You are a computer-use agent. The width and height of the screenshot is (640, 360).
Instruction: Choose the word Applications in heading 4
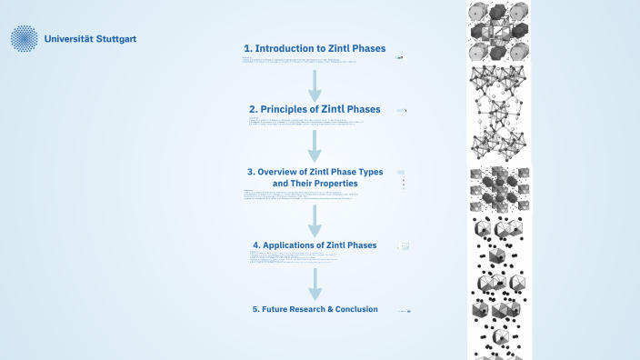tap(295, 245)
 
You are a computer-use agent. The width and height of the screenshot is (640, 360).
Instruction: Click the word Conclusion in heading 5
tap(355, 309)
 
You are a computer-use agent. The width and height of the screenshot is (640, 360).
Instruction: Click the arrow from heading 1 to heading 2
tap(315, 84)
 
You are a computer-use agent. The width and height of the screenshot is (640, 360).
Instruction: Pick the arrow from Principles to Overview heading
tap(315, 145)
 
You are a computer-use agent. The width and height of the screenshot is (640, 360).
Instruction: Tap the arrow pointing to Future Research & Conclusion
tap(315, 282)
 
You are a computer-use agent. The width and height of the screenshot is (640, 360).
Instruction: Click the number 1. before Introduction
tap(247, 48)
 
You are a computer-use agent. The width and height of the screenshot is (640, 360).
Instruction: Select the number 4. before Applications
tap(256, 245)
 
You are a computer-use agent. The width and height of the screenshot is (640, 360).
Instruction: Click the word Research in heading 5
tap(306, 309)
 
